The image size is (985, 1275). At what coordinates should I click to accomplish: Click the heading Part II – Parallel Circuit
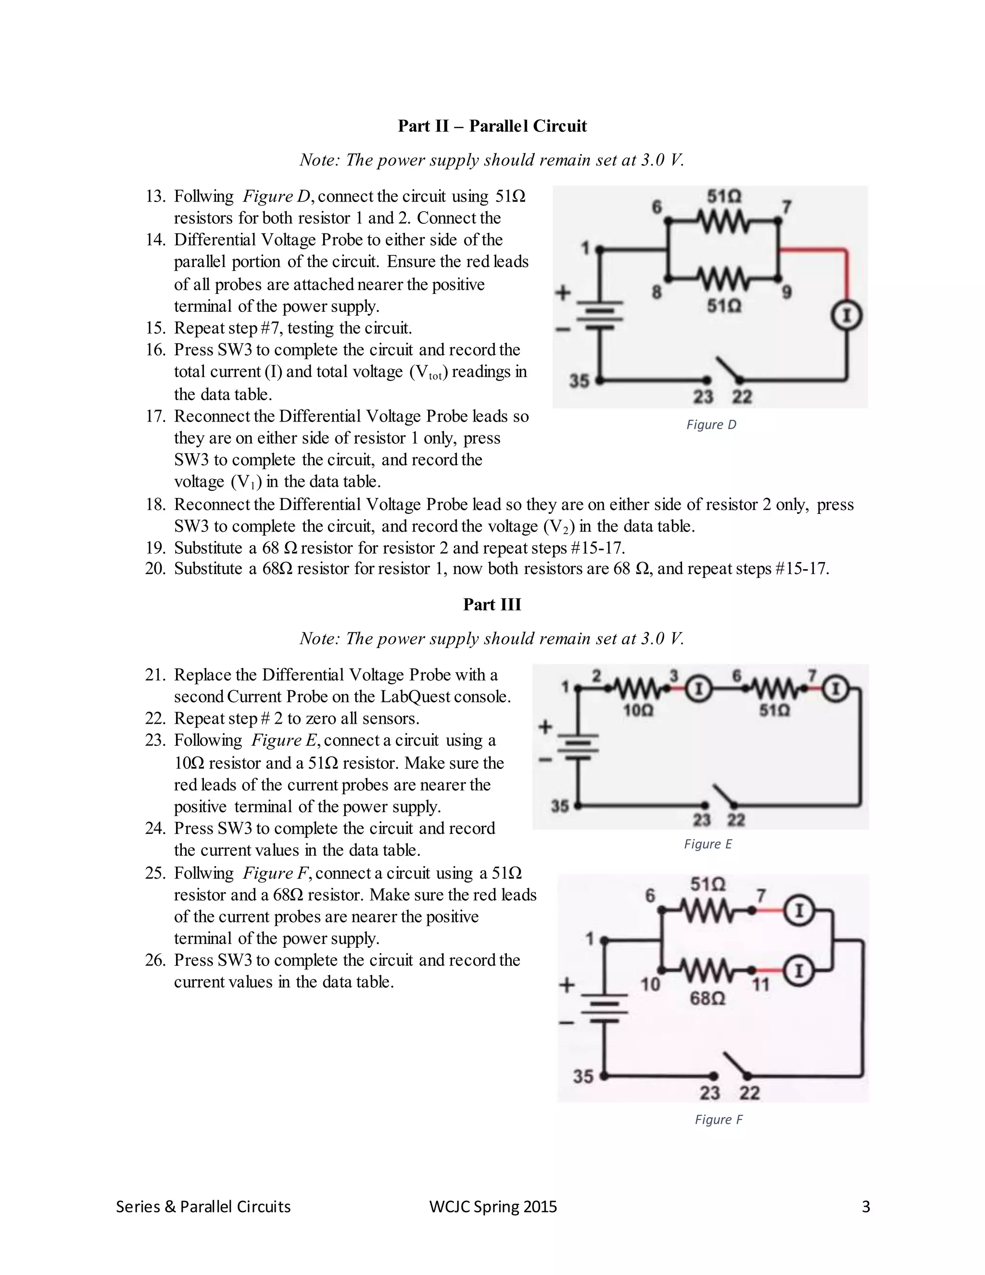pos(492,126)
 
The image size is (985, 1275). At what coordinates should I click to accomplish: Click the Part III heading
pos(492,604)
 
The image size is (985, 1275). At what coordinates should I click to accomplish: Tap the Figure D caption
pos(711,425)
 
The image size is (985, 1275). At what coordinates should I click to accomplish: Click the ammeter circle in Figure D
pos(846,316)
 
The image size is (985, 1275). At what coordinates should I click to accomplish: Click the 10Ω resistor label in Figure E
pos(638,711)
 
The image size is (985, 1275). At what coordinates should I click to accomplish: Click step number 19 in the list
pos(155,548)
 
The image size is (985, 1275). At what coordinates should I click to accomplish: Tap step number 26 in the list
pos(155,960)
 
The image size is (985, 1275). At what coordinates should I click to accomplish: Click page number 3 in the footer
pos(865,1207)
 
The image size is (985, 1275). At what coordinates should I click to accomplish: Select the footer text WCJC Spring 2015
pos(492,1207)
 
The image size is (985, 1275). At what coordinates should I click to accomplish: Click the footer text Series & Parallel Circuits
pos(203,1207)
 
